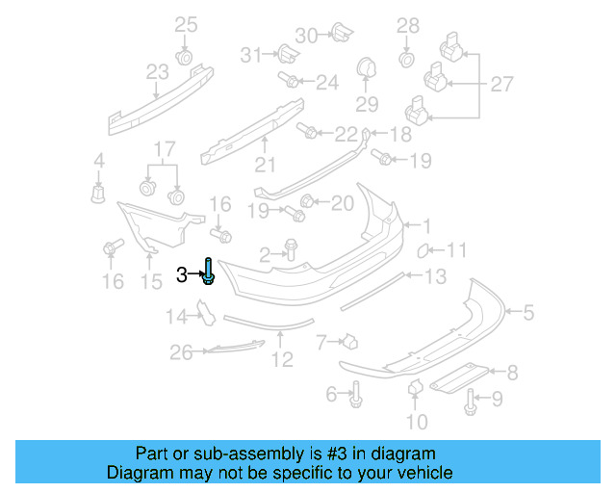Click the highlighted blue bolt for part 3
[x=209, y=272]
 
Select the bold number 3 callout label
[x=182, y=275]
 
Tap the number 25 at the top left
[x=186, y=24]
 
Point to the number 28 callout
[x=408, y=25]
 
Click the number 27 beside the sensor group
[x=501, y=85]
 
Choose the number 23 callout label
[x=157, y=71]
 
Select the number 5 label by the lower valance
[x=527, y=311]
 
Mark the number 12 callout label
[x=281, y=360]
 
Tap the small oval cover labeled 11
[x=423, y=252]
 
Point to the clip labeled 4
[x=97, y=193]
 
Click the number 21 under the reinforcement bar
[x=265, y=164]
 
